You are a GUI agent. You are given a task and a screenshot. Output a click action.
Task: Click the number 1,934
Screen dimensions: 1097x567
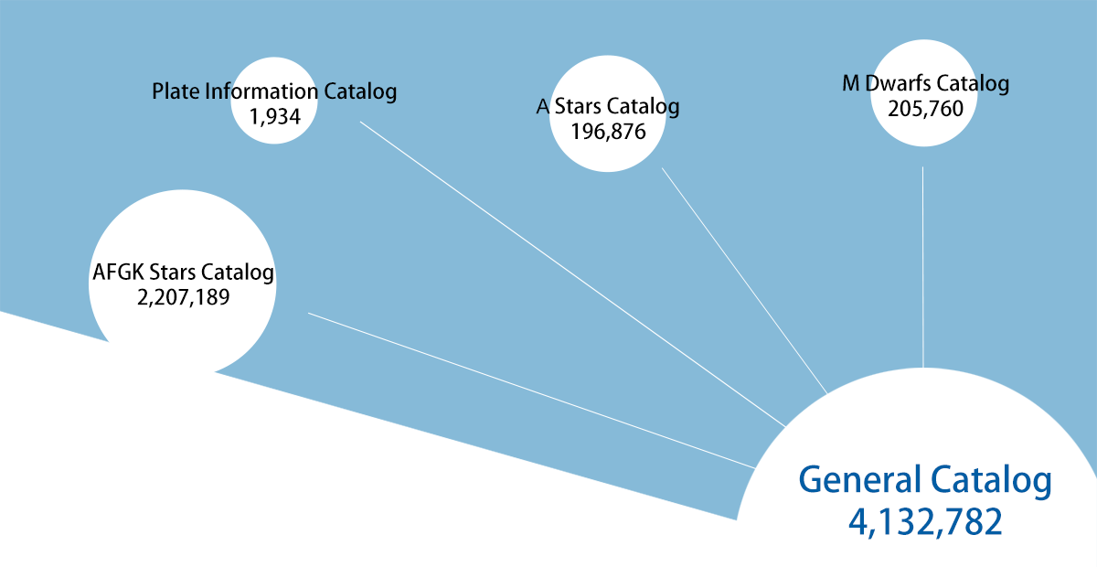pyautogui.click(x=275, y=117)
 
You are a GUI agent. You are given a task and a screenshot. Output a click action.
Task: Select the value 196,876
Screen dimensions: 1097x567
pyautogui.click(x=608, y=132)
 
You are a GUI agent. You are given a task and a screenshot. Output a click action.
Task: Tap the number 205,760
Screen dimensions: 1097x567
pyautogui.click(x=925, y=109)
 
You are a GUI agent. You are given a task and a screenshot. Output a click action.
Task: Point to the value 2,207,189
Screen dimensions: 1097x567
pyautogui.click(x=183, y=297)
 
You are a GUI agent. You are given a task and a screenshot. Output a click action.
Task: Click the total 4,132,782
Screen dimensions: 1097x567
pyautogui.click(x=925, y=522)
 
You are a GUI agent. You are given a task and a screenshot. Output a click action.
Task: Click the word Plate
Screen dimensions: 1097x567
pyautogui.click(x=176, y=91)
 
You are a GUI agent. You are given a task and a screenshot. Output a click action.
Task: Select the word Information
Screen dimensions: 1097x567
pyautogui.click(x=261, y=91)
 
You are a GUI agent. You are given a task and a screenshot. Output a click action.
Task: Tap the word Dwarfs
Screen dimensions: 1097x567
pyautogui.click(x=898, y=83)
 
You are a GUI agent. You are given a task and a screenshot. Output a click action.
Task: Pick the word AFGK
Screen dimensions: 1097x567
pyautogui.click(x=118, y=273)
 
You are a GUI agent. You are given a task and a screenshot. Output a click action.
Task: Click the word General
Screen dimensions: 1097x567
pyautogui.click(x=860, y=479)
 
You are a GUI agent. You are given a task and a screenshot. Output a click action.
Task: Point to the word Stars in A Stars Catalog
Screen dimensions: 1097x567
pyautogui.click(x=578, y=106)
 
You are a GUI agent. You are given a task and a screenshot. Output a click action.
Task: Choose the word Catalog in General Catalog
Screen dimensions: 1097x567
pyautogui.click(x=991, y=482)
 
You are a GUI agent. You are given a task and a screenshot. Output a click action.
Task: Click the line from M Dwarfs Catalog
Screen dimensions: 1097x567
pyautogui.click(x=923, y=267)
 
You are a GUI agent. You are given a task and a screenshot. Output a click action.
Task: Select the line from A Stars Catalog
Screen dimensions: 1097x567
pyautogui.click(x=744, y=281)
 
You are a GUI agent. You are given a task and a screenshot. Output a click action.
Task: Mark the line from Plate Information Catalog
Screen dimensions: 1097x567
pyautogui.click(x=573, y=274)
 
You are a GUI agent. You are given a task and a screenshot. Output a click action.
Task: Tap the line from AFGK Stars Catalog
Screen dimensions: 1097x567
pyautogui.click(x=531, y=390)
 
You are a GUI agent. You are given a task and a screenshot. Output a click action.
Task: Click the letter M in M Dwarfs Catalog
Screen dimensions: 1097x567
pyautogui.click(x=851, y=83)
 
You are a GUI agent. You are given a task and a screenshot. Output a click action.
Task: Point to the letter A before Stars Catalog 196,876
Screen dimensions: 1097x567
pyautogui.click(x=543, y=106)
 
